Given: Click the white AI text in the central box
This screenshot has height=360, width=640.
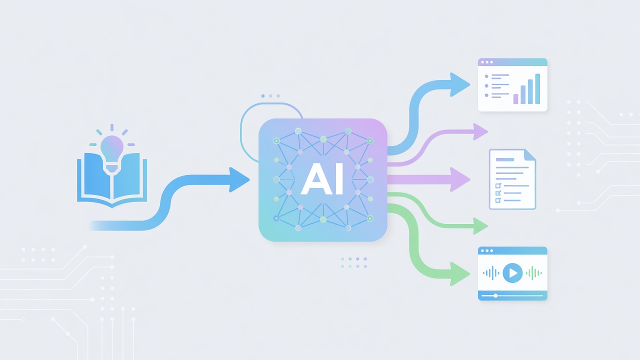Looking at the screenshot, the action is point(322,179).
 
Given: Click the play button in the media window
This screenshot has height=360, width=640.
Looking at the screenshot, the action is point(512,273).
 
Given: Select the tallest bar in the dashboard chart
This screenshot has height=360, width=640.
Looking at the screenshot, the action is point(537,89).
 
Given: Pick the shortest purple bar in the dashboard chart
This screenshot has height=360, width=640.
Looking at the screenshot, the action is point(515,99).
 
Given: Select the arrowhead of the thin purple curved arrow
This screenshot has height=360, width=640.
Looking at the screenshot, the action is point(480,131).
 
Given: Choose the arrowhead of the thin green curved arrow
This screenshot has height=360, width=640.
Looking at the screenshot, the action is point(480,226).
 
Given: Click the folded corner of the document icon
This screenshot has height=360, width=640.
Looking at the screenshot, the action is point(530,154).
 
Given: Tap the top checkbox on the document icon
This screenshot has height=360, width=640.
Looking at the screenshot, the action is point(498,185).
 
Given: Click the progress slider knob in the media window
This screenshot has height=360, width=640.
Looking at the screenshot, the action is point(495,295).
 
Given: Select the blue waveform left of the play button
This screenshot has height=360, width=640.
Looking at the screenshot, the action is point(491,273).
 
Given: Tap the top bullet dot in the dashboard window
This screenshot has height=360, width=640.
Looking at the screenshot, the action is point(486,76).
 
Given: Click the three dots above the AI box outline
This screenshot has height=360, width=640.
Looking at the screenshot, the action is point(270,96).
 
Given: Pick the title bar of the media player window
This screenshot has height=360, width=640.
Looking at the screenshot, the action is point(512,250).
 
